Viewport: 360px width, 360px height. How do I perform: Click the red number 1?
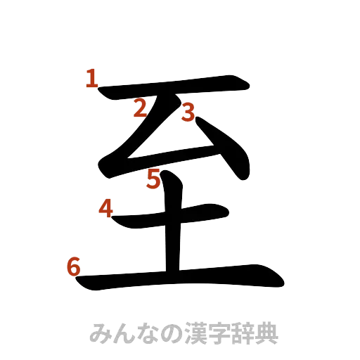coord(91,78)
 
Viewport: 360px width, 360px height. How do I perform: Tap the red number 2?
coord(141,108)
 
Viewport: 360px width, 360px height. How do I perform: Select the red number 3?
coord(187,111)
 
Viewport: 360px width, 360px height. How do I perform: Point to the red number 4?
coord(105,208)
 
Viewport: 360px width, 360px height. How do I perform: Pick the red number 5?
coord(154,181)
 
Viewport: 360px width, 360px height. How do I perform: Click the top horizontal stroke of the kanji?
coord(176,89)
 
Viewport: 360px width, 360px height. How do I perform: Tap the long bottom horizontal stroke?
coord(183,278)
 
